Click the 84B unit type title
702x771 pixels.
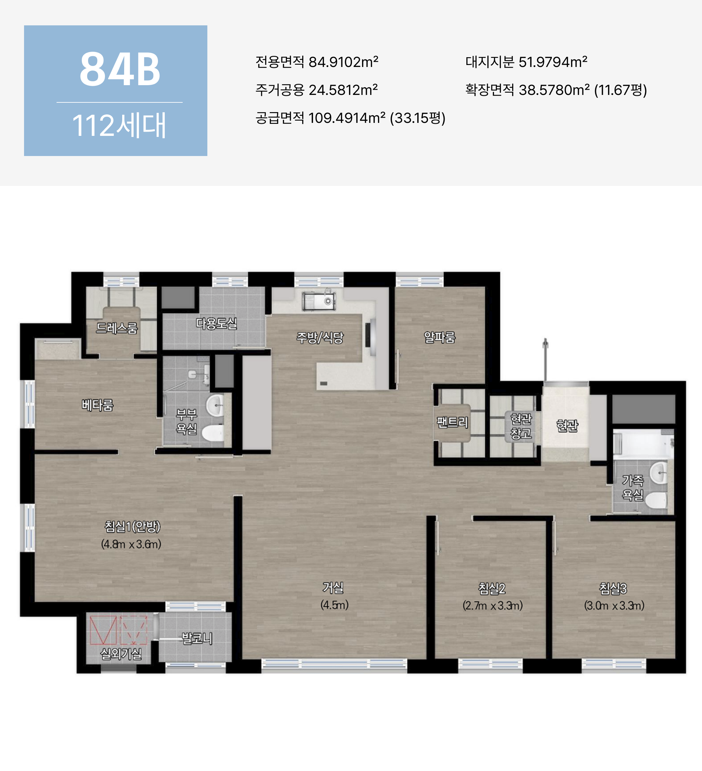pyautogui.click(x=120, y=69)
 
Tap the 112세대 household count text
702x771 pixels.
pyautogui.click(x=119, y=125)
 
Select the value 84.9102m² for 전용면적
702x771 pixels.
pyautogui.click(x=343, y=62)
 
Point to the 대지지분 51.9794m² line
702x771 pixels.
pyautogui.click(x=526, y=62)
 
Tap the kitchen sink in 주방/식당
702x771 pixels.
pyautogui.click(x=318, y=301)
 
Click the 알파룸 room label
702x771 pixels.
pyautogui.click(x=440, y=337)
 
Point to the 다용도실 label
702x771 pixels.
pyautogui.click(x=216, y=323)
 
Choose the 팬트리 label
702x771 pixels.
pyautogui.click(x=452, y=422)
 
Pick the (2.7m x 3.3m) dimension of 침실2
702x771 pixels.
pyautogui.click(x=492, y=606)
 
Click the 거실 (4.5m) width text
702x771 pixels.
pyautogui.click(x=334, y=605)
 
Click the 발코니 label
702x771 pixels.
pyautogui.click(x=197, y=638)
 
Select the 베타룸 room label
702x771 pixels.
pyautogui.click(x=97, y=405)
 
